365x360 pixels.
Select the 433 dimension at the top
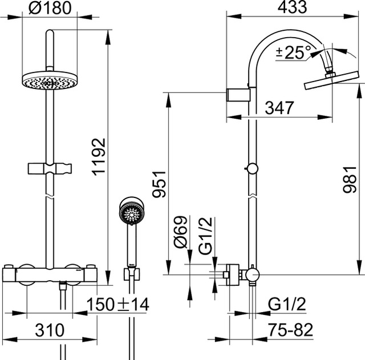click(x=291, y=7)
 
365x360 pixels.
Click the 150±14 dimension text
click(x=118, y=305)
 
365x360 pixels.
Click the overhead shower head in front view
click(x=49, y=82)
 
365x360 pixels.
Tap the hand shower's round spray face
click(x=131, y=215)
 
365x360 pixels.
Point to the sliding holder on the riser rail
click(x=50, y=169)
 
